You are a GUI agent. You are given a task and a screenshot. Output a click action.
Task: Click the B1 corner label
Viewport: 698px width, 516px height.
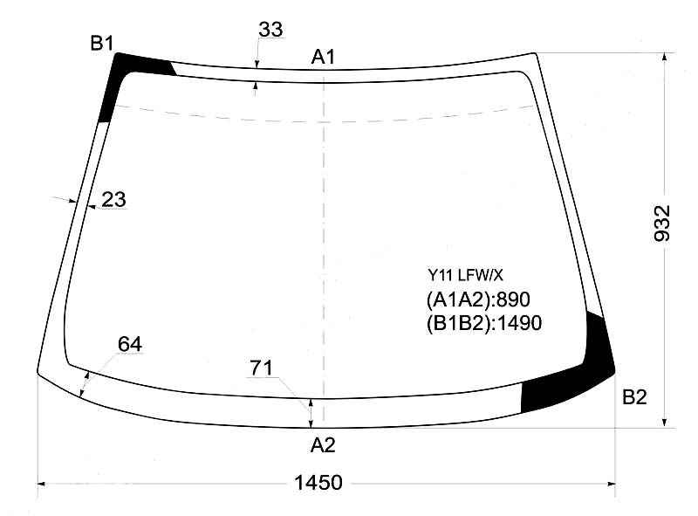pos(102,44)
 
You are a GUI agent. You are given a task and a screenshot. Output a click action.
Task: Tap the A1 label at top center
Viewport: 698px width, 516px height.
pos(323,57)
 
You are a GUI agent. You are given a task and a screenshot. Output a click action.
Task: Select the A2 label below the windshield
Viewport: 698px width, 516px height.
pos(323,445)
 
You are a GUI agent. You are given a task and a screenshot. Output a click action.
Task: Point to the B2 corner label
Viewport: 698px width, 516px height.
pos(634,397)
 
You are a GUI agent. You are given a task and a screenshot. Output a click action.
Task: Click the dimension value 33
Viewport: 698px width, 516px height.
pos(270,30)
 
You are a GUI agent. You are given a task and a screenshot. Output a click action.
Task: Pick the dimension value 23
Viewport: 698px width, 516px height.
pos(113,199)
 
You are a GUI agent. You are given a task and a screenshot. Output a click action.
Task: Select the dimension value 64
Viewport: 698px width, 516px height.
pos(130,344)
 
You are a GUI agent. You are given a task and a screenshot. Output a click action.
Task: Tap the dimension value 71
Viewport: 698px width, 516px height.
pos(261,368)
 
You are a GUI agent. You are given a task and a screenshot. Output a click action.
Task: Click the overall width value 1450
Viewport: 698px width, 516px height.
pos(318,483)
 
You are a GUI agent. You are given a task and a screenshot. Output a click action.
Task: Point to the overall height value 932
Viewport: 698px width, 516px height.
pos(662,224)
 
